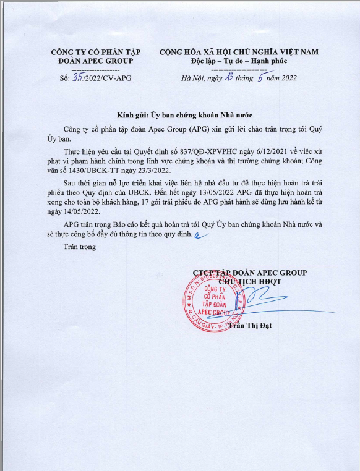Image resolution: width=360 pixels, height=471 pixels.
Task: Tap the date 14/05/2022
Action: coord(82,210)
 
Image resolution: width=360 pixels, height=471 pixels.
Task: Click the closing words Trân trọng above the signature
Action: coord(80,247)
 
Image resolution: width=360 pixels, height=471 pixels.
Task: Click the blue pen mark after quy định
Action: coord(199,235)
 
